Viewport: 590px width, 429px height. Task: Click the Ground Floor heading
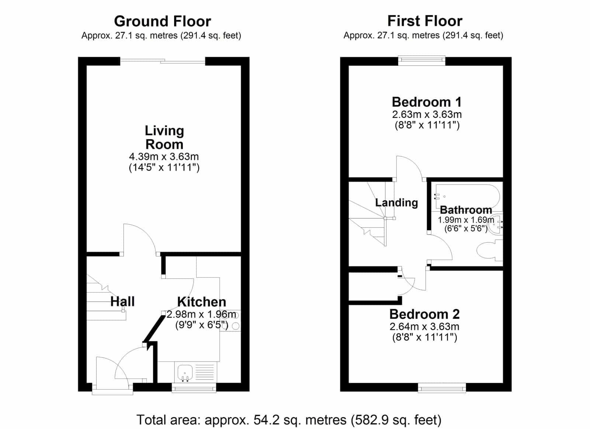pyautogui.click(x=163, y=21)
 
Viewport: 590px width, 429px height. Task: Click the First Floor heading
pyautogui.click(x=424, y=21)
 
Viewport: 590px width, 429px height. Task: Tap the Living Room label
pyautogui.click(x=164, y=138)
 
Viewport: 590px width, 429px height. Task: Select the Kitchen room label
pyautogui.click(x=201, y=302)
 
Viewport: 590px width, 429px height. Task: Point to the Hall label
pyautogui.click(x=122, y=301)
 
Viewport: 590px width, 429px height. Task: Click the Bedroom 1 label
pyautogui.click(x=427, y=102)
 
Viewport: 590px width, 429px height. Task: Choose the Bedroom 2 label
pyautogui.click(x=424, y=314)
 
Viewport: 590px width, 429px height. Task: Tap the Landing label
pyautogui.click(x=396, y=203)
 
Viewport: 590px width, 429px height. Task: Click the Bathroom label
pyautogui.click(x=466, y=210)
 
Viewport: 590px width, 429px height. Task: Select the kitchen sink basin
pyautogui.click(x=185, y=372)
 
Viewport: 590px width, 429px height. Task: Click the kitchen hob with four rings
pyautogui.click(x=230, y=321)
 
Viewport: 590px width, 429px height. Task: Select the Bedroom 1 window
pyautogui.click(x=421, y=60)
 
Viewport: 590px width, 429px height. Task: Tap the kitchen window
pyautogui.click(x=194, y=388)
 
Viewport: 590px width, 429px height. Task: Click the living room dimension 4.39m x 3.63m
pyautogui.click(x=164, y=156)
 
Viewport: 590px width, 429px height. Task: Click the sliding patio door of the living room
pyautogui.click(x=163, y=61)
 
